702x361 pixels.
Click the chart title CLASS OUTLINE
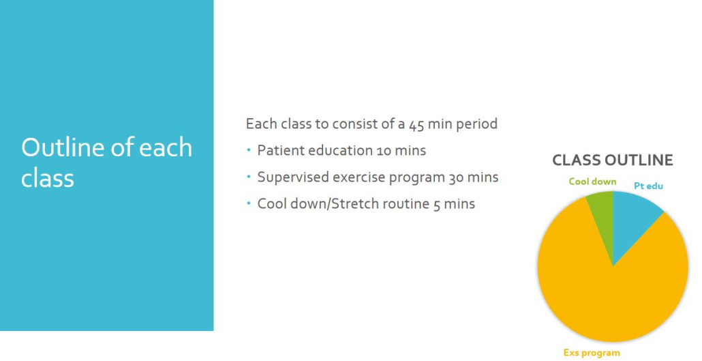point(613,160)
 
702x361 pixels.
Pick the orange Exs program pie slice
point(613,291)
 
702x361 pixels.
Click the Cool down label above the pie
point(592,182)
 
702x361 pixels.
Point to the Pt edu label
point(648,186)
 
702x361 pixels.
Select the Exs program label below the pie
point(592,353)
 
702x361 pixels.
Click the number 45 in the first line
point(416,124)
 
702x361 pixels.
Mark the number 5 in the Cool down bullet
point(437,205)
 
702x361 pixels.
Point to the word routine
point(408,204)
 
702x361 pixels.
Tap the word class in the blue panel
point(48,178)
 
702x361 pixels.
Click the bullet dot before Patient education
point(249,149)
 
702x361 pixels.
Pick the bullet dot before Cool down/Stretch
point(249,203)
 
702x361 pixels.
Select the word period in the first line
point(477,124)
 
